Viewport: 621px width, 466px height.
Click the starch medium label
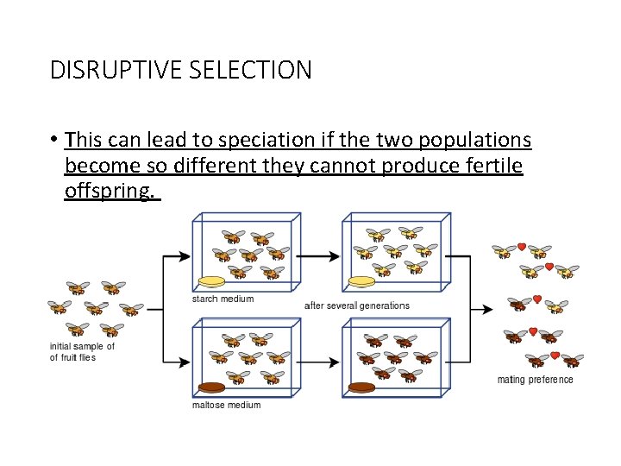click(223, 299)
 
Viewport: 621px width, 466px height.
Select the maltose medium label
click(226, 404)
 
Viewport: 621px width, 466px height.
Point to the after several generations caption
click(357, 305)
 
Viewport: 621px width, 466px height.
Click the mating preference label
click(535, 380)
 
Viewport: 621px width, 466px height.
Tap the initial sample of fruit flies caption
click(82, 352)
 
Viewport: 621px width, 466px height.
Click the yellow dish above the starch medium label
click(212, 281)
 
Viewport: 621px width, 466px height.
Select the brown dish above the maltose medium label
click(211, 387)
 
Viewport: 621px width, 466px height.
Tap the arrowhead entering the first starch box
click(185, 256)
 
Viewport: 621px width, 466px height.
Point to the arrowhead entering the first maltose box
click(185, 363)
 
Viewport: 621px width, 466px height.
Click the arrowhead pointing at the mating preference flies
click(489, 307)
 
